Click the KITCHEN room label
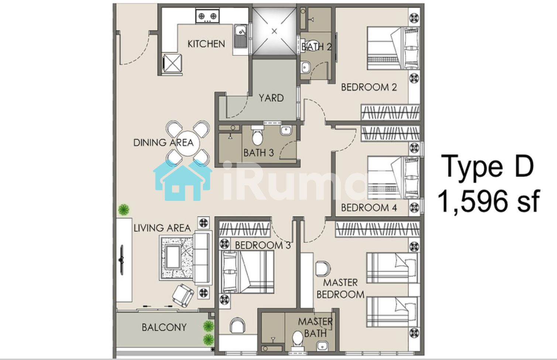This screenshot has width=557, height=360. pyautogui.click(x=206, y=44)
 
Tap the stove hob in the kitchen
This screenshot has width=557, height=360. pyautogui.click(x=207, y=16)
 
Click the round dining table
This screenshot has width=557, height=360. pyautogui.click(x=188, y=143)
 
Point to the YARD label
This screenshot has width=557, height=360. pyautogui.click(x=271, y=98)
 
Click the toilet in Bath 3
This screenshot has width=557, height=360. pyautogui.click(x=257, y=136)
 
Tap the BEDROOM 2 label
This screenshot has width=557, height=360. pyautogui.click(x=369, y=88)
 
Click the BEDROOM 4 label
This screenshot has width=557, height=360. pyautogui.click(x=369, y=208)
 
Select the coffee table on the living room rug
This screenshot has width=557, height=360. pyautogui.click(x=173, y=256)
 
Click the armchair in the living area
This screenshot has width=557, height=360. pyautogui.click(x=183, y=295)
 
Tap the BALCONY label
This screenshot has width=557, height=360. pyautogui.click(x=164, y=328)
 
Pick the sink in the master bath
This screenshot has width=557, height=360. pyautogui.click(x=322, y=346)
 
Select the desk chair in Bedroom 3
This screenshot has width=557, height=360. pyautogui.click(x=237, y=325)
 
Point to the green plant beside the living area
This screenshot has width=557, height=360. pyautogui.click(x=124, y=209)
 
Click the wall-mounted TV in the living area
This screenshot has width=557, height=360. pyautogui.click(x=121, y=260)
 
